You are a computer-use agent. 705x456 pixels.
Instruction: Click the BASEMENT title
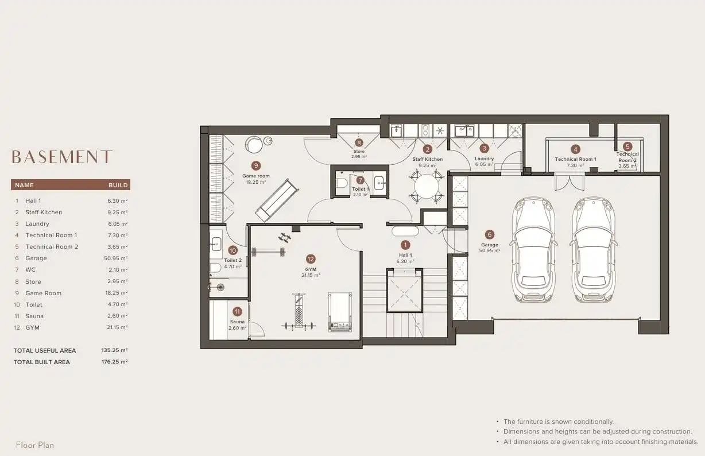coord(61,157)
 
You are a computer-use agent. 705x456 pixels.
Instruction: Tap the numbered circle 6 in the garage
coord(489,234)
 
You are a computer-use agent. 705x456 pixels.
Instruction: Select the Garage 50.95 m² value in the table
coord(115,258)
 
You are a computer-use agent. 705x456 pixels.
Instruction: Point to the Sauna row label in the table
coord(34,316)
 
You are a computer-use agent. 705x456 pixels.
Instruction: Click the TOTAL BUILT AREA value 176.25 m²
coord(114,362)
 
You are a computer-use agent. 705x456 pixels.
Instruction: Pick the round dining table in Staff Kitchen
coord(427,187)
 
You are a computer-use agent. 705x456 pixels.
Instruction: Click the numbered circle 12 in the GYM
coord(311,259)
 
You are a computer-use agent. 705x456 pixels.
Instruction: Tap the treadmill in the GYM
coord(340,312)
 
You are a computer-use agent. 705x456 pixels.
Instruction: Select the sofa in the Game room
coord(277,200)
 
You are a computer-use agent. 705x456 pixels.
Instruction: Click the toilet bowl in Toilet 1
coord(341,183)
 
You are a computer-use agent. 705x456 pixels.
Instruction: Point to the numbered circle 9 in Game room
coord(256,165)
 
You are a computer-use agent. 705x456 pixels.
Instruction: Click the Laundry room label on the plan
coord(484,159)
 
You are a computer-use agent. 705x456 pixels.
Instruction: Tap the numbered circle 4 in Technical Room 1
coord(575,149)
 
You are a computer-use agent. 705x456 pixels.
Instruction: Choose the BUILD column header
coord(118,185)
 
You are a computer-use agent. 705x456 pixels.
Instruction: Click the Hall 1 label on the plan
coord(405,255)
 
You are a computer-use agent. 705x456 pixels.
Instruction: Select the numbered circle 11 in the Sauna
coord(237,312)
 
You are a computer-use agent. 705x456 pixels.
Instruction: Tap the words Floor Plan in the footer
coord(35,445)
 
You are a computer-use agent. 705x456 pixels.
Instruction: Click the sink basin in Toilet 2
coord(216,244)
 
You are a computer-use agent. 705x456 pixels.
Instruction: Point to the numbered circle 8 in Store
coord(359,143)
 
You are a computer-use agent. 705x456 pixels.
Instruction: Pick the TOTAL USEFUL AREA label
coord(45,350)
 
